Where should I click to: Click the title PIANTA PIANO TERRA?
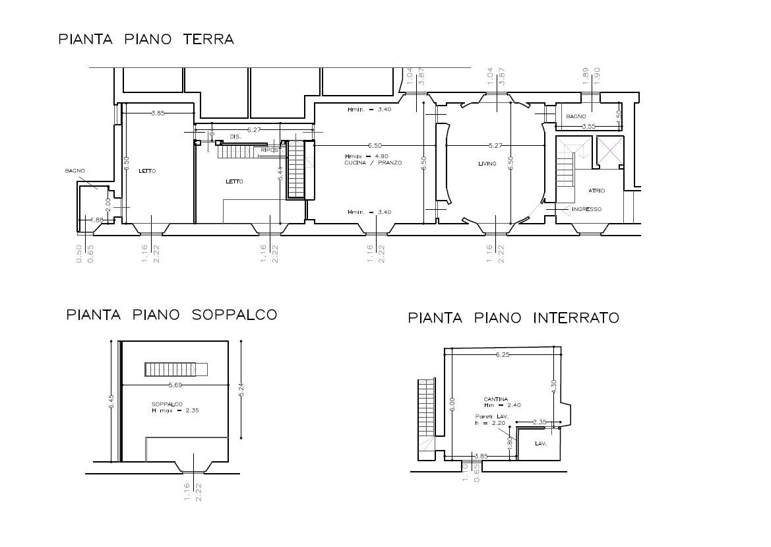146,40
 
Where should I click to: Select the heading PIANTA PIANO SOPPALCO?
171,315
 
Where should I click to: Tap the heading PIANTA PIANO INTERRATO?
513,319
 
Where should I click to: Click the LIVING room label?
487,164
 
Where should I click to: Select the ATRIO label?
596,191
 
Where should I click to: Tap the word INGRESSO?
586,209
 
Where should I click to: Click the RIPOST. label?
271,150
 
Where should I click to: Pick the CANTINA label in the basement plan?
495,399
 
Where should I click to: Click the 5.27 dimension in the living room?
495,145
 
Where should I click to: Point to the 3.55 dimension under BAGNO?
588,126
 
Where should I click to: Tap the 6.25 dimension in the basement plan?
503,355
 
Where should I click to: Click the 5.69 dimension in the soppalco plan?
175,385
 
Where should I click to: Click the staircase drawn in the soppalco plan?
176,369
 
